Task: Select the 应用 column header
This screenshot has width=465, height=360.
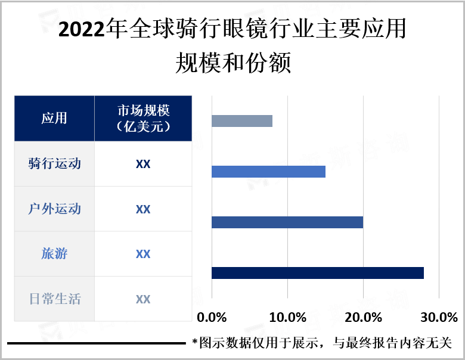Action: point(54,118)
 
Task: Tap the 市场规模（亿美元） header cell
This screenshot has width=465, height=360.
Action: point(143,118)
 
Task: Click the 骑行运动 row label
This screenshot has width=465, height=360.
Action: point(54,163)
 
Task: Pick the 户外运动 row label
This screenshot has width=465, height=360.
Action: point(54,209)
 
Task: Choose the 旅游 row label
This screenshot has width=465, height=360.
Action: point(54,254)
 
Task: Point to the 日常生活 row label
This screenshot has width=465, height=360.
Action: point(54,299)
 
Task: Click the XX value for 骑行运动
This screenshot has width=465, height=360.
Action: point(143,164)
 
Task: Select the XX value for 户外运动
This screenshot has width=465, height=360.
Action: point(143,209)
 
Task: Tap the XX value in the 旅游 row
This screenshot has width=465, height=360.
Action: point(143,254)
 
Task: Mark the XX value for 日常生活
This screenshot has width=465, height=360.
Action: point(143,299)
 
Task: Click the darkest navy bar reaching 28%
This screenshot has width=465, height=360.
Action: point(317,273)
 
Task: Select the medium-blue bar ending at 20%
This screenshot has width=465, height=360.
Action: point(287,222)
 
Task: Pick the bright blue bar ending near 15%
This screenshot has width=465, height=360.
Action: point(268,172)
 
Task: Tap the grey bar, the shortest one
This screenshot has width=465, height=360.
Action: point(241,121)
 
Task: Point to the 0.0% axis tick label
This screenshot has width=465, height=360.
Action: point(212,316)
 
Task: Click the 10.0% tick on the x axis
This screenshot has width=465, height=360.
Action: point(287,316)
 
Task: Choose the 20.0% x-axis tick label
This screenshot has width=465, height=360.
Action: point(363,316)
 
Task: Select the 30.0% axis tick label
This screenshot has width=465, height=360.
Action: point(439,316)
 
